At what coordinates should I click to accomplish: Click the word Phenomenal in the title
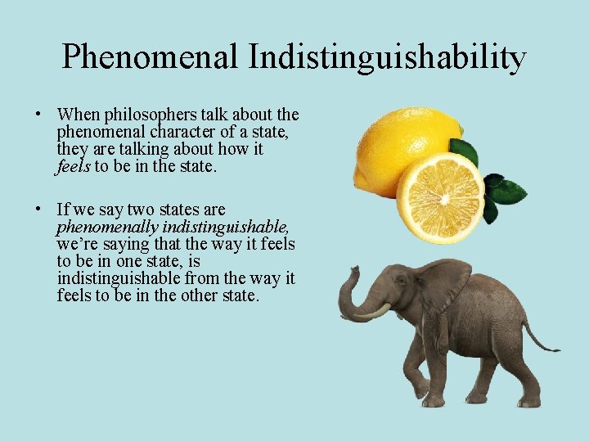(x=150, y=57)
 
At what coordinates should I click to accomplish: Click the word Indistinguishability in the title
(x=387, y=57)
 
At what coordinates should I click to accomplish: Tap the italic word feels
(x=74, y=166)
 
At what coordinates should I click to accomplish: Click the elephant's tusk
(x=373, y=312)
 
